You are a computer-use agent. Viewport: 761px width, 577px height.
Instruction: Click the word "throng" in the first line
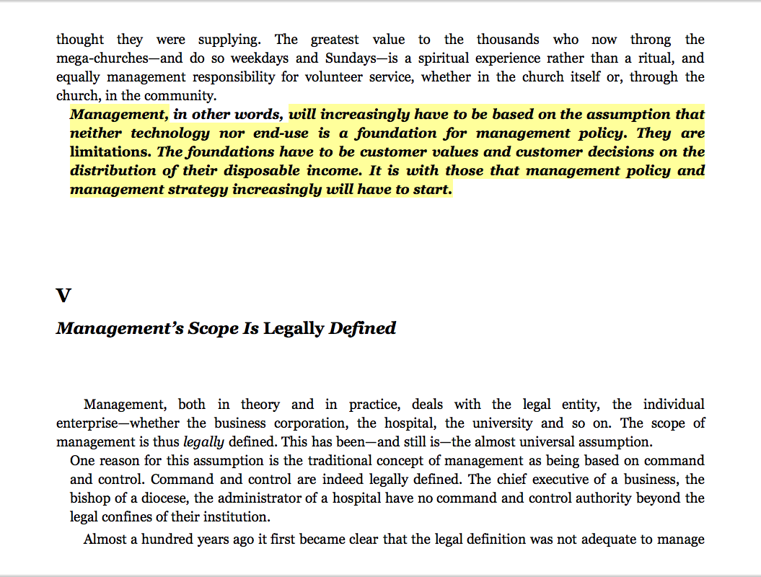[x=650, y=40]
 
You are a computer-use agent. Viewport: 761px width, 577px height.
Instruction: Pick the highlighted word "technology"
[x=164, y=133]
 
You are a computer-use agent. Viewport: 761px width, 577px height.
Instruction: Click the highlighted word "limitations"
[x=110, y=152]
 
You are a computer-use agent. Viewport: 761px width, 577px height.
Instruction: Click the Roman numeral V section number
[x=63, y=296]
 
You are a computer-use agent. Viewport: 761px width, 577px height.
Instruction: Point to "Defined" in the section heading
[x=362, y=329]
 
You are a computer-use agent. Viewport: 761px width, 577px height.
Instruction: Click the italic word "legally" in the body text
[x=203, y=442]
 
